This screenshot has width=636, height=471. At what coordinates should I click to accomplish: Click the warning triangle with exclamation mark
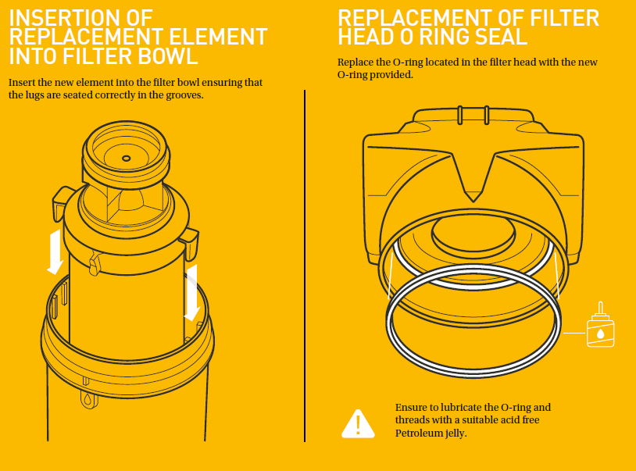pos(358,424)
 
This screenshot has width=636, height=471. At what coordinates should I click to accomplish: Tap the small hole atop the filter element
pos(126,158)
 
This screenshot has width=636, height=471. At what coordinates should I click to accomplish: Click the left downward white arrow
pos(55,252)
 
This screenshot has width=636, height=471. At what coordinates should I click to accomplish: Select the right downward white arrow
pos(192,293)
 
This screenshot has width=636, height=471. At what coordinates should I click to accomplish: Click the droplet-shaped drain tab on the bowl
pos(89,399)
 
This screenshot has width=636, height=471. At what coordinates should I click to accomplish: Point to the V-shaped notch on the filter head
pos(473,177)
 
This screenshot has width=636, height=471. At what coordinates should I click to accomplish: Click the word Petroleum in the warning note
pos(419,433)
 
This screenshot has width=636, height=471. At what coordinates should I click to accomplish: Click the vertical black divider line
pos(305,266)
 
